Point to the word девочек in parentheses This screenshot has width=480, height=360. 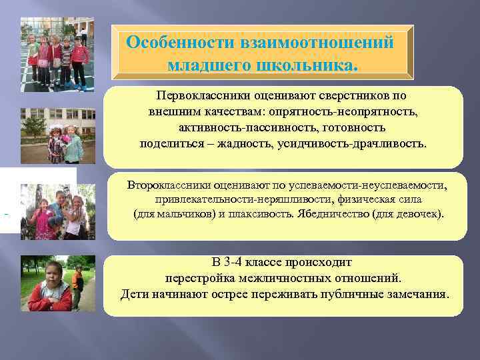coord(419,214)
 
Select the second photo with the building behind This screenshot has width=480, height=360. coord(58,135)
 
